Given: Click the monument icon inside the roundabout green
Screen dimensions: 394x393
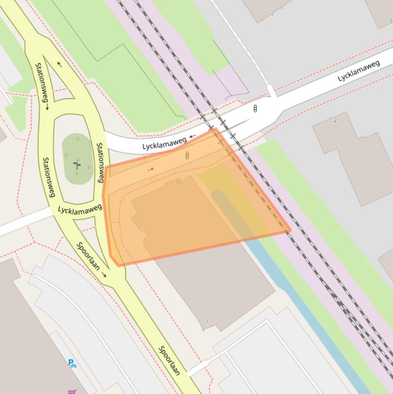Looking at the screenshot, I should (x=77, y=165).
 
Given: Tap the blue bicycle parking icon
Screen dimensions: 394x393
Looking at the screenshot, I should (x=72, y=363).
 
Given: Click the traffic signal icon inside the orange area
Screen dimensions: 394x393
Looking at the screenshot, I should (x=187, y=155).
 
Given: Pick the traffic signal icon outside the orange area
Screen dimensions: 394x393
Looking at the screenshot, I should (x=255, y=108).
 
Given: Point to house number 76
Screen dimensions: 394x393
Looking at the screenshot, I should (x=178, y=183).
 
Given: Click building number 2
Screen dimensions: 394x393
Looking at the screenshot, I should (x=335, y=120).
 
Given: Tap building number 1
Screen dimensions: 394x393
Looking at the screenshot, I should (x=206, y=321).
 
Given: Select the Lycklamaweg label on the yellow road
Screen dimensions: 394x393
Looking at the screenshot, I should (x=80, y=209).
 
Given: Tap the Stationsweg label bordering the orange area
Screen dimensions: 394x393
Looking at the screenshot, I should (x=100, y=162).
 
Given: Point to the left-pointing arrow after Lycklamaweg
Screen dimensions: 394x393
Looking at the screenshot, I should (x=192, y=137).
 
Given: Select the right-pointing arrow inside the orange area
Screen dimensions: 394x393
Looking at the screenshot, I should (x=150, y=169).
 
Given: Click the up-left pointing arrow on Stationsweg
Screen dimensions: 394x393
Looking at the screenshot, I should (x=60, y=64).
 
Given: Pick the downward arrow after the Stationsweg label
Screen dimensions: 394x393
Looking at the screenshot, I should (x=47, y=106).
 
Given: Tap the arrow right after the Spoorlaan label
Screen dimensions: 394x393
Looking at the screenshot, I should (x=105, y=275).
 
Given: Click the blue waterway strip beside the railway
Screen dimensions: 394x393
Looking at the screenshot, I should (x=307, y=307).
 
